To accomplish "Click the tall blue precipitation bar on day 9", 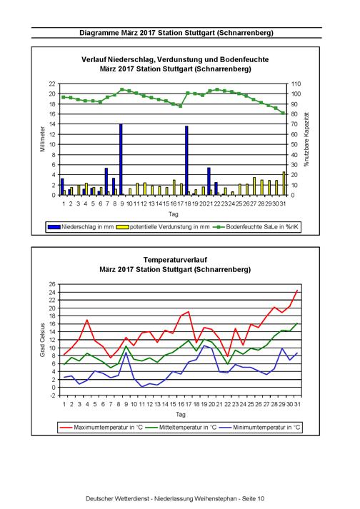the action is click(x=121, y=159).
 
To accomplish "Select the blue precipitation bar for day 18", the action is click(x=186, y=161).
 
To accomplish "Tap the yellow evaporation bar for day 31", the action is click(x=284, y=183).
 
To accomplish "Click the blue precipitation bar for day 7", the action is click(x=106, y=181).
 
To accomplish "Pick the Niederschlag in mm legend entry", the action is click(x=81, y=227).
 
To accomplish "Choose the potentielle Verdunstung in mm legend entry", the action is click(x=165, y=227).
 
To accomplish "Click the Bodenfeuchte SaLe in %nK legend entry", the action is click(x=256, y=227).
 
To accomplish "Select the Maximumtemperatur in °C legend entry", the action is click(x=101, y=427).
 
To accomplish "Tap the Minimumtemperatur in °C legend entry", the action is click(x=259, y=427).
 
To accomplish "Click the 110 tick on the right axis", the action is click(x=296, y=84).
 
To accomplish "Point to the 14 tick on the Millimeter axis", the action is click(x=52, y=124).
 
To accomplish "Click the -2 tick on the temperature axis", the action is click(x=54, y=395).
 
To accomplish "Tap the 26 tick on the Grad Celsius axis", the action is click(x=53, y=284).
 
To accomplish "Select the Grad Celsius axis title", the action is click(x=43, y=340).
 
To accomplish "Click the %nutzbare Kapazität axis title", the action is click(x=306, y=139).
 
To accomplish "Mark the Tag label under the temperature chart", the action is click(x=180, y=414).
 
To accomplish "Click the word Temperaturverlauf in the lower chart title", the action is click(x=175, y=260).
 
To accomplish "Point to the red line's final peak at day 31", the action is click(x=297, y=291).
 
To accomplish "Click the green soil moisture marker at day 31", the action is click(x=283, y=113).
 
